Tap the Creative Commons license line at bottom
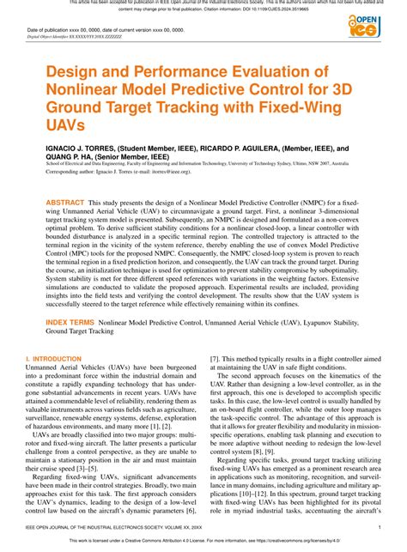pyautogui.click(x=203, y=542)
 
